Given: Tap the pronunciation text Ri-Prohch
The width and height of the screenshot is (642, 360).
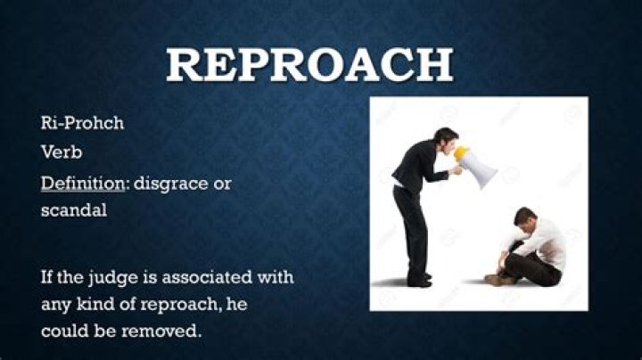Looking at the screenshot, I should (x=82, y=123).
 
